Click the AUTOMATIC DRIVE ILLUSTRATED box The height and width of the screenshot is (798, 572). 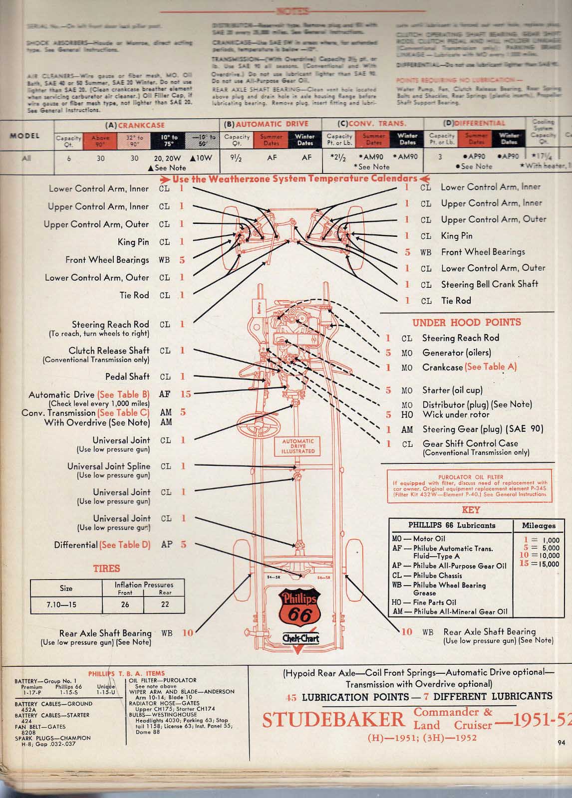click(298, 446)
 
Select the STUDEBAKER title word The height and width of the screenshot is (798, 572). click(333, 719)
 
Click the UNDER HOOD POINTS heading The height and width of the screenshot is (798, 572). click(466, 322)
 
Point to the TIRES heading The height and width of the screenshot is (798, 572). click(106, 568)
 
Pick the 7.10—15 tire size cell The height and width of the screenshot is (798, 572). click(61, 604)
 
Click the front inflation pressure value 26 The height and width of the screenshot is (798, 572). click(125, 604)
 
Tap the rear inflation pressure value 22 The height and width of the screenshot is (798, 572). click(165, 604)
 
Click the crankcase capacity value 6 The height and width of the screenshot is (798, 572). click(69, 158)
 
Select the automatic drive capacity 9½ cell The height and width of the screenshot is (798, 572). click(237, 158)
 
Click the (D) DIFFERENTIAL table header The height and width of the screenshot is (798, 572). click(474, 123)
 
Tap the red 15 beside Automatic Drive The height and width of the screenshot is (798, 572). click(186, 394)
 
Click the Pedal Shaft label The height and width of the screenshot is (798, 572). click(127, 377)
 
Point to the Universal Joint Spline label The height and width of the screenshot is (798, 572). click(109, 466)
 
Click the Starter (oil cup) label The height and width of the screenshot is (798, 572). click(452, 390)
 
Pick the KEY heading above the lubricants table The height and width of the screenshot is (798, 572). click(471, 510)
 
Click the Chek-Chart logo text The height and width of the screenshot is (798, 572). click(300, 638)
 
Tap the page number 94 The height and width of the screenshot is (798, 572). click(561, 743)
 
